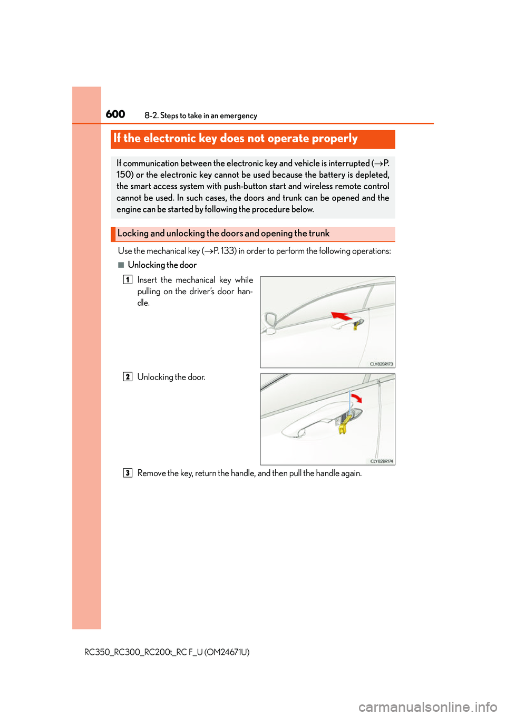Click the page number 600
(x=115, y=114)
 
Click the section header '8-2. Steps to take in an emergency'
(x=201, y=115)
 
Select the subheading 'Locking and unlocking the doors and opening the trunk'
(x=223, y=234)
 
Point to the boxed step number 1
(x=128, y=279)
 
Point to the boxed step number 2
(x=128, y=376)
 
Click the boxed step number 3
(x=128, y=473)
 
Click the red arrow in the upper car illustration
(x=341, y=316)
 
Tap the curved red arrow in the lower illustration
(x=357, y=398)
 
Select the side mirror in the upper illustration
(x=271, y=322)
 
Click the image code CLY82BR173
(x=381, y=364)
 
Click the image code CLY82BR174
(x=381, y=461)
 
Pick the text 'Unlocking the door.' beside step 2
(x=171, y=377)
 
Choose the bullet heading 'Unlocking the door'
(x=162, y=265)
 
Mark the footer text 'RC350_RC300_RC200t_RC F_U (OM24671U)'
(x=167, y=652)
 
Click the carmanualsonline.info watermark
(x=427, y=707)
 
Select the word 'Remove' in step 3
(x=151, y=473)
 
